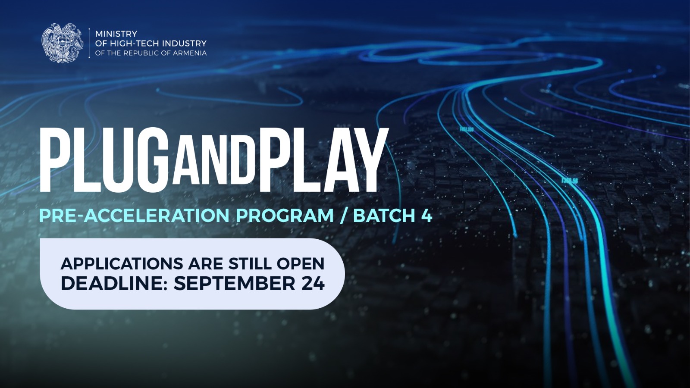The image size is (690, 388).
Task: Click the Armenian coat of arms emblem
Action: tap(63, 43)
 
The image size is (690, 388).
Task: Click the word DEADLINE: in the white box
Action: tap(115, 283)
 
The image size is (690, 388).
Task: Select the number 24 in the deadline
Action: tap(313, 283)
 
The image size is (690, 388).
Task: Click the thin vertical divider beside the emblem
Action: tap(89, 43)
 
